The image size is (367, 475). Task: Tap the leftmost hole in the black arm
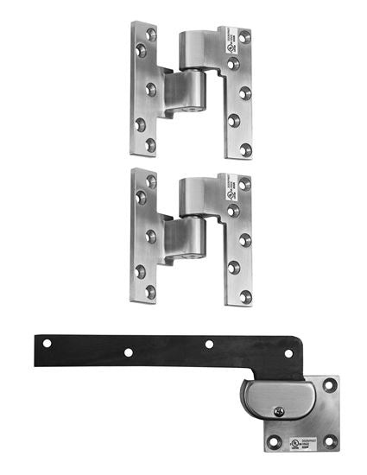pyautogui.click(x=47, y=343)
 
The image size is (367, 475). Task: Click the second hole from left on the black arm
pyautogui.click(x=128, y=352)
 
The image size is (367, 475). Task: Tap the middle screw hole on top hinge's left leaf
pyautogui.click(x=150, y=89)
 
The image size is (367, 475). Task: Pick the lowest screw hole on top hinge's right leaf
pyautogui.click(x=245, y=149)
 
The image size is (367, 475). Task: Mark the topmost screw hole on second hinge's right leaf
pyautogui.click(x=245, y=185)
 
